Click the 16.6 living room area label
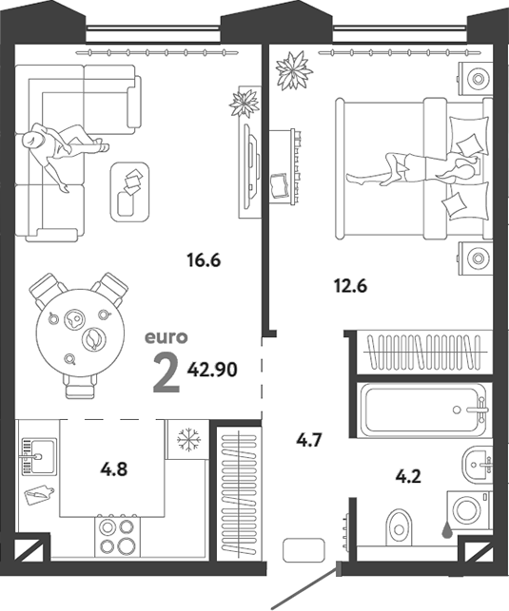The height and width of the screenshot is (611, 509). click(204, 260)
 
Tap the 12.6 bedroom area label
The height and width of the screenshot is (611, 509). click(351, 286)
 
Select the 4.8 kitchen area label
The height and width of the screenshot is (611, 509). click(114, 469)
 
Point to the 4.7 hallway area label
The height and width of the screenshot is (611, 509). click(308, 441)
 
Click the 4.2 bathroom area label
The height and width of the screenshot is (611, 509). click(408, 476)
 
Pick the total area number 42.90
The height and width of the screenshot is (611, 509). click(212, 370)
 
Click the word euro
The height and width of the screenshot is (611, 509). click(166, 337)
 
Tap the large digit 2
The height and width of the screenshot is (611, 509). click(166, 373)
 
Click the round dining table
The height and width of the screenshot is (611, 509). click(80, 333)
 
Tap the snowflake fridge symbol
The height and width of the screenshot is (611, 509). click(188, 440)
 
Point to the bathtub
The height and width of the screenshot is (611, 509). click(424, 410)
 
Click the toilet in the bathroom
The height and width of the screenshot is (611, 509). click(399, 526)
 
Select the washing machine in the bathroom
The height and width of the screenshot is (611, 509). click(469, 510)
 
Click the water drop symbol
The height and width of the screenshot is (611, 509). click(447, 530)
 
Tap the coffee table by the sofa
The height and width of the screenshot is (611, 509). click(130, 192)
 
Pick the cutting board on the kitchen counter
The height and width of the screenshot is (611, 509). click(39, 494)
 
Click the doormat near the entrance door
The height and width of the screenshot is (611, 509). click(303, 550)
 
